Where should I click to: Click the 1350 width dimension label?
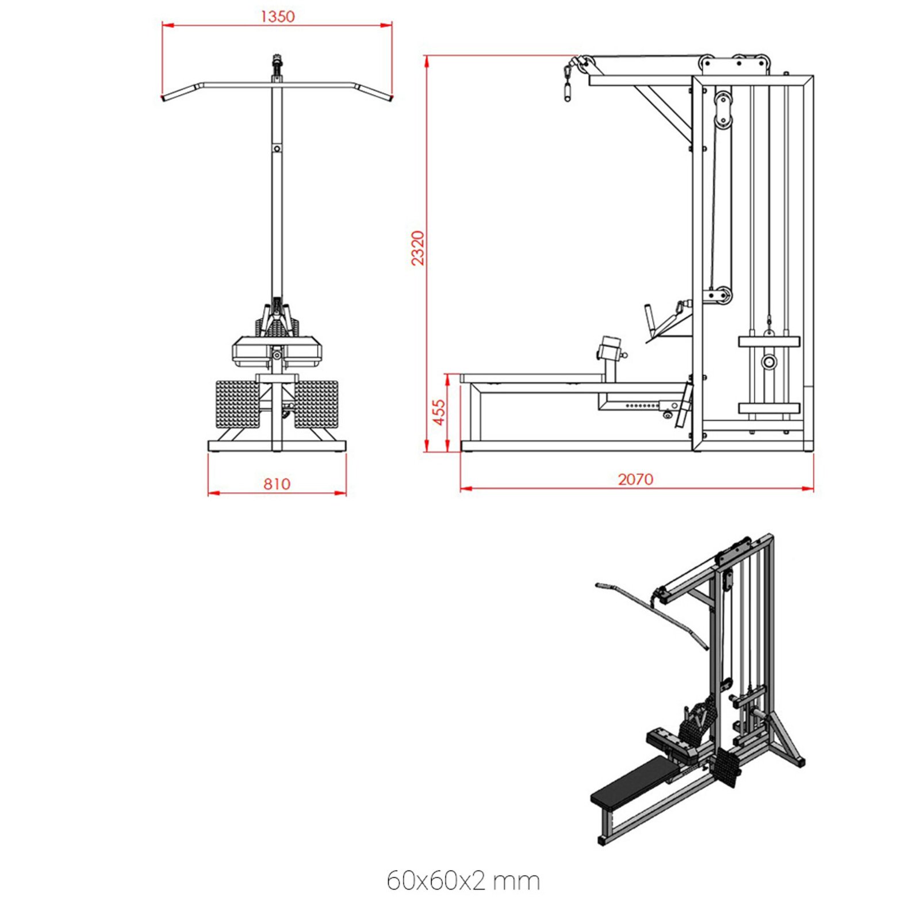pyautogui.click(x=277, y=16)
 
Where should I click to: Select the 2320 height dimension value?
pyautogui.click(x=418, y=248)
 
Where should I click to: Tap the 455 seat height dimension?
pyautogui.click(x=439, y=412)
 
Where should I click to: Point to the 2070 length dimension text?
pyautogui.click(x=635, y=479)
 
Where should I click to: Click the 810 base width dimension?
pyautogui.click(x=277, y=484)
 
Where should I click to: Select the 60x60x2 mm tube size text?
pyautogui.click(x=463, y=880)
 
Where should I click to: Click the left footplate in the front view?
pyautogui.click(x=237, y=404)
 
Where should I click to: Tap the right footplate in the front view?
pyautogui.click(x=315, y=404)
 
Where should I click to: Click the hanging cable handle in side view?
pyautogui.click(x=568, y=90)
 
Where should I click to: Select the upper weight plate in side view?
pyautogui.click(x=769, y=342)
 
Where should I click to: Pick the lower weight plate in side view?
pyautogui.click(x=769, y=408)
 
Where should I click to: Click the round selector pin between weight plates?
pyautogui.click(x=769, y=362)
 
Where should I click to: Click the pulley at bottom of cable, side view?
pyautogui.click(x=719, y=296)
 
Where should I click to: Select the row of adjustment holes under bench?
pyautogui.click(x=642, y=406)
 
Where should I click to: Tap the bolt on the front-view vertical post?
pyautogui.click(x=277, y=149)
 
